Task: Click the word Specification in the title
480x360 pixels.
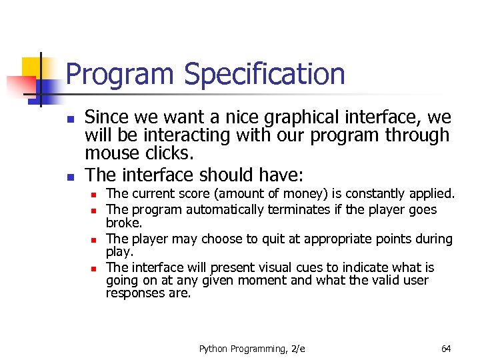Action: (x=265, y=75)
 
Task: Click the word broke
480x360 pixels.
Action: (x=124, y=223)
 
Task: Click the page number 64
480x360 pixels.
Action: (x=446, y=349)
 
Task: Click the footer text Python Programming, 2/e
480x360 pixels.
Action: (x=252, y=349)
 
